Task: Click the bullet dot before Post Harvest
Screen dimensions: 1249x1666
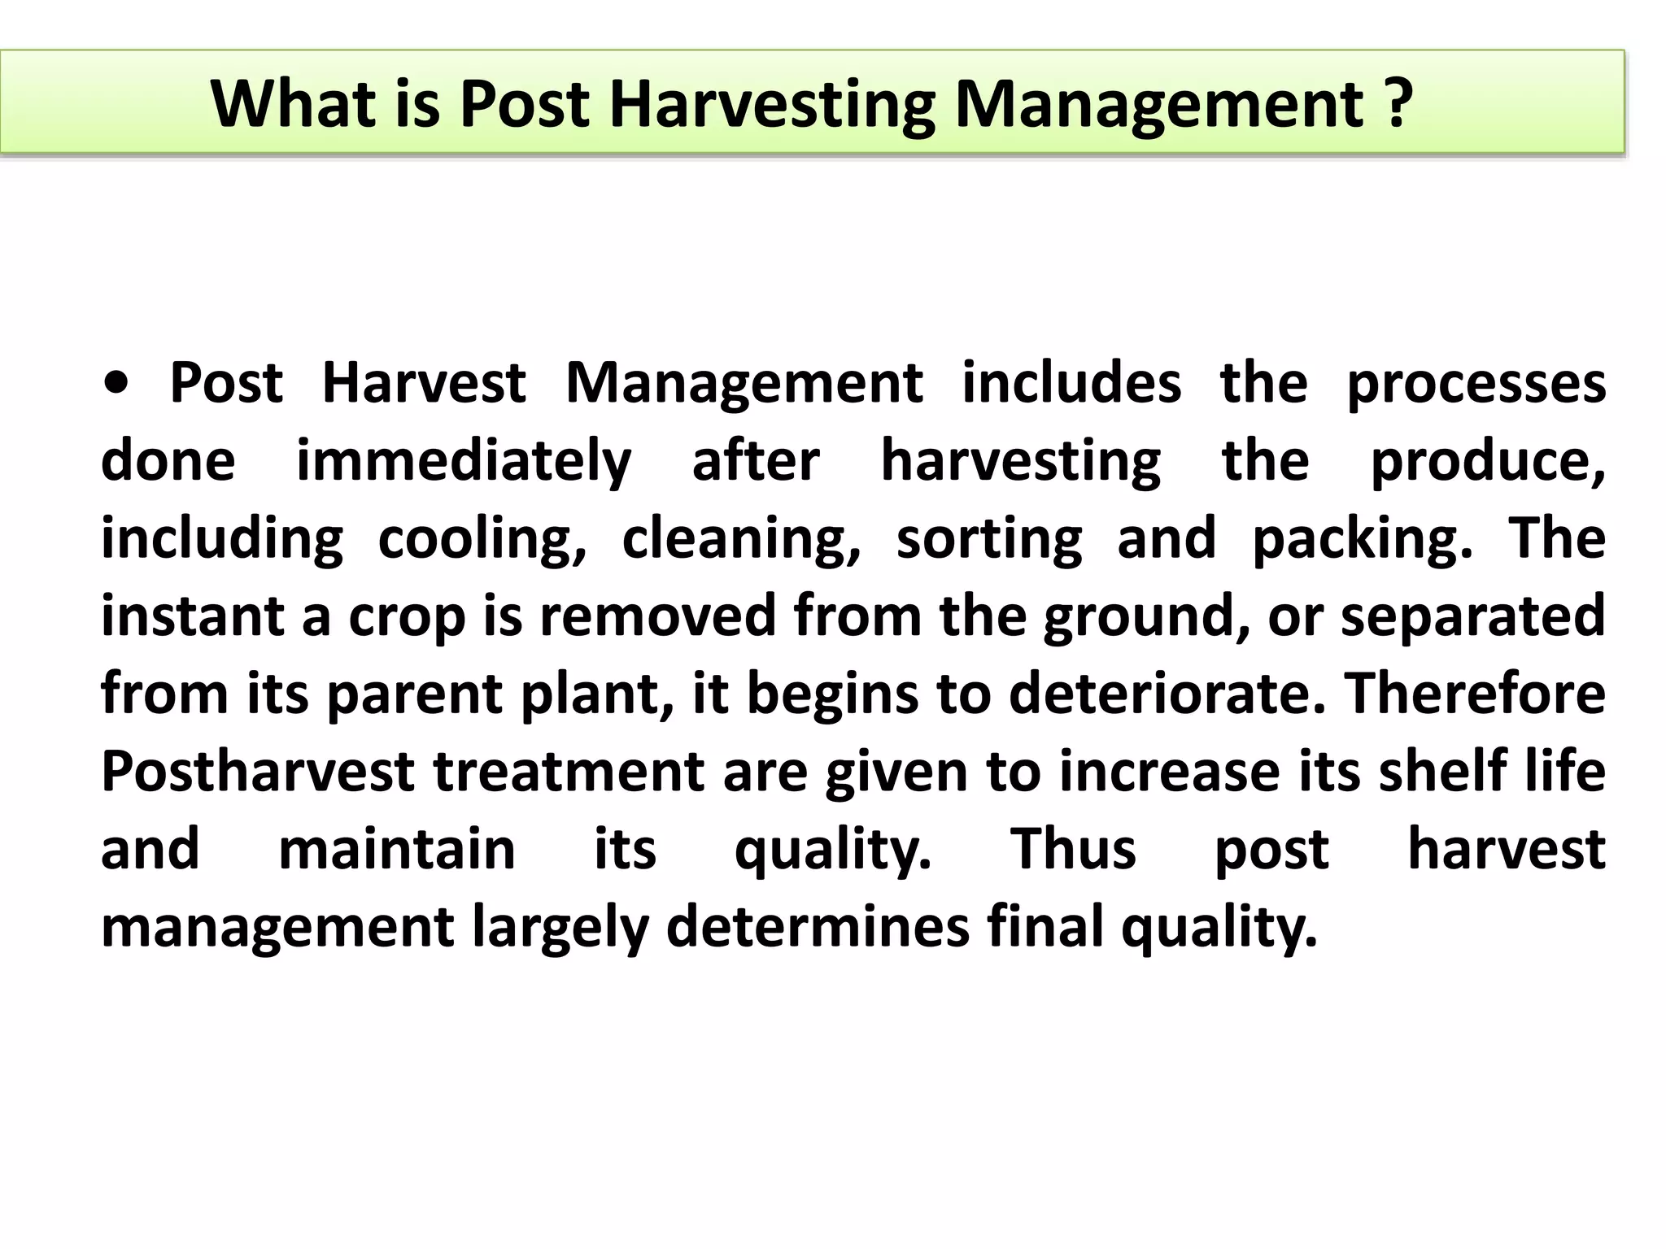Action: point(117,384)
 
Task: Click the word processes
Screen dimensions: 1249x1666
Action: point(1476,384)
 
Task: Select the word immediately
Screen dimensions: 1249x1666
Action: point(464,462)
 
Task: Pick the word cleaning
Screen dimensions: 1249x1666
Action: point(741,540)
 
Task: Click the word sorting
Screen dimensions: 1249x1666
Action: point(989,540)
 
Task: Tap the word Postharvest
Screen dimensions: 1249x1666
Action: point(258,771)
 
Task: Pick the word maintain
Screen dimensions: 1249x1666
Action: point(397,849)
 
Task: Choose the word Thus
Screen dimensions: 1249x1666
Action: point(1073,849)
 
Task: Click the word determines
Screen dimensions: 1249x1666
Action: point(818,927)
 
